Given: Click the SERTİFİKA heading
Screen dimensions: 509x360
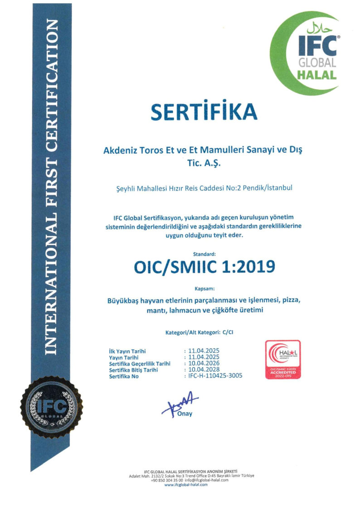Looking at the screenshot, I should click(x=204, y=111).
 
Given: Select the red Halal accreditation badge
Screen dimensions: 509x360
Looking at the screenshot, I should click(x=282, y=359).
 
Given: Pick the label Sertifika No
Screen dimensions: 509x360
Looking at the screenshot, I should click(x=124, y=377).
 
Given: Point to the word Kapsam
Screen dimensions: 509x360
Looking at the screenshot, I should click(x=204, y=288).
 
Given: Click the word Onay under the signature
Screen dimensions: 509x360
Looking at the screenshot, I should click(x=185, y=414).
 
